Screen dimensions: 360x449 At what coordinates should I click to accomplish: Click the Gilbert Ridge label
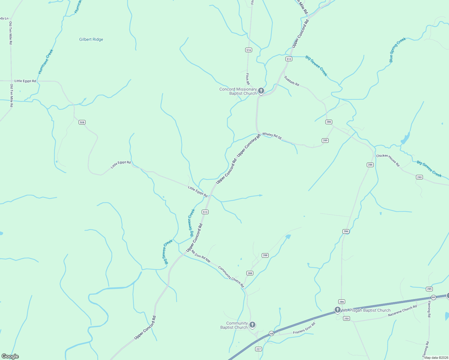[x=91, y=39]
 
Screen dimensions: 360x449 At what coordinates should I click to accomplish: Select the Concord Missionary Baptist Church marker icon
[x=261, y=91]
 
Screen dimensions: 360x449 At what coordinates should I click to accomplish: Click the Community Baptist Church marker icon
[x=252, y=325]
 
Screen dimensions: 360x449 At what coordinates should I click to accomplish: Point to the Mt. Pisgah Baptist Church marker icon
[x=338, y=310]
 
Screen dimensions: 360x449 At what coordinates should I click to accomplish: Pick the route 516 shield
[x=249, y=50]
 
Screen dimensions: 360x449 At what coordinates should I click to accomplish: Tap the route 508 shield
[x=82, y=122]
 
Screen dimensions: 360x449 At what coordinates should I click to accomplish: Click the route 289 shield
[x=325, y=140]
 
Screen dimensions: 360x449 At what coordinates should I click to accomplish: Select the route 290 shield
[x=419, y=177]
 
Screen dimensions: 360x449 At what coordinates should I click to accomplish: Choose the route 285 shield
[x=429, y=289]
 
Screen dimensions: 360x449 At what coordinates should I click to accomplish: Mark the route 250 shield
[x=346, y=318]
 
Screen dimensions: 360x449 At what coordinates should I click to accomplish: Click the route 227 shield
[x=258, y=349]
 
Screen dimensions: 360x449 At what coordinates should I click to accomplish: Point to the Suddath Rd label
[x=292, y=81]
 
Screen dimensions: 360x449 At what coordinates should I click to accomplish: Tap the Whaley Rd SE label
[x=272, y=136]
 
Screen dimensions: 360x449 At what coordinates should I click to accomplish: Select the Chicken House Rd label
[x=388, y=160]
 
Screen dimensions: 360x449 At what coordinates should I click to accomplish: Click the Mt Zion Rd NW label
[x=201, y=256]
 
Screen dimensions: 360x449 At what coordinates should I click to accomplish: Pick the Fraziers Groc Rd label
[x=304, y=328]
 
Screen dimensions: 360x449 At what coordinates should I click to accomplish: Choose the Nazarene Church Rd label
[x=402, y=311]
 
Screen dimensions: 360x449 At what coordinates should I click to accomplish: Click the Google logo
[x=10, y=356]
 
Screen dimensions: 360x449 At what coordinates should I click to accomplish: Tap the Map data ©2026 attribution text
[x=436, y=358]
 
